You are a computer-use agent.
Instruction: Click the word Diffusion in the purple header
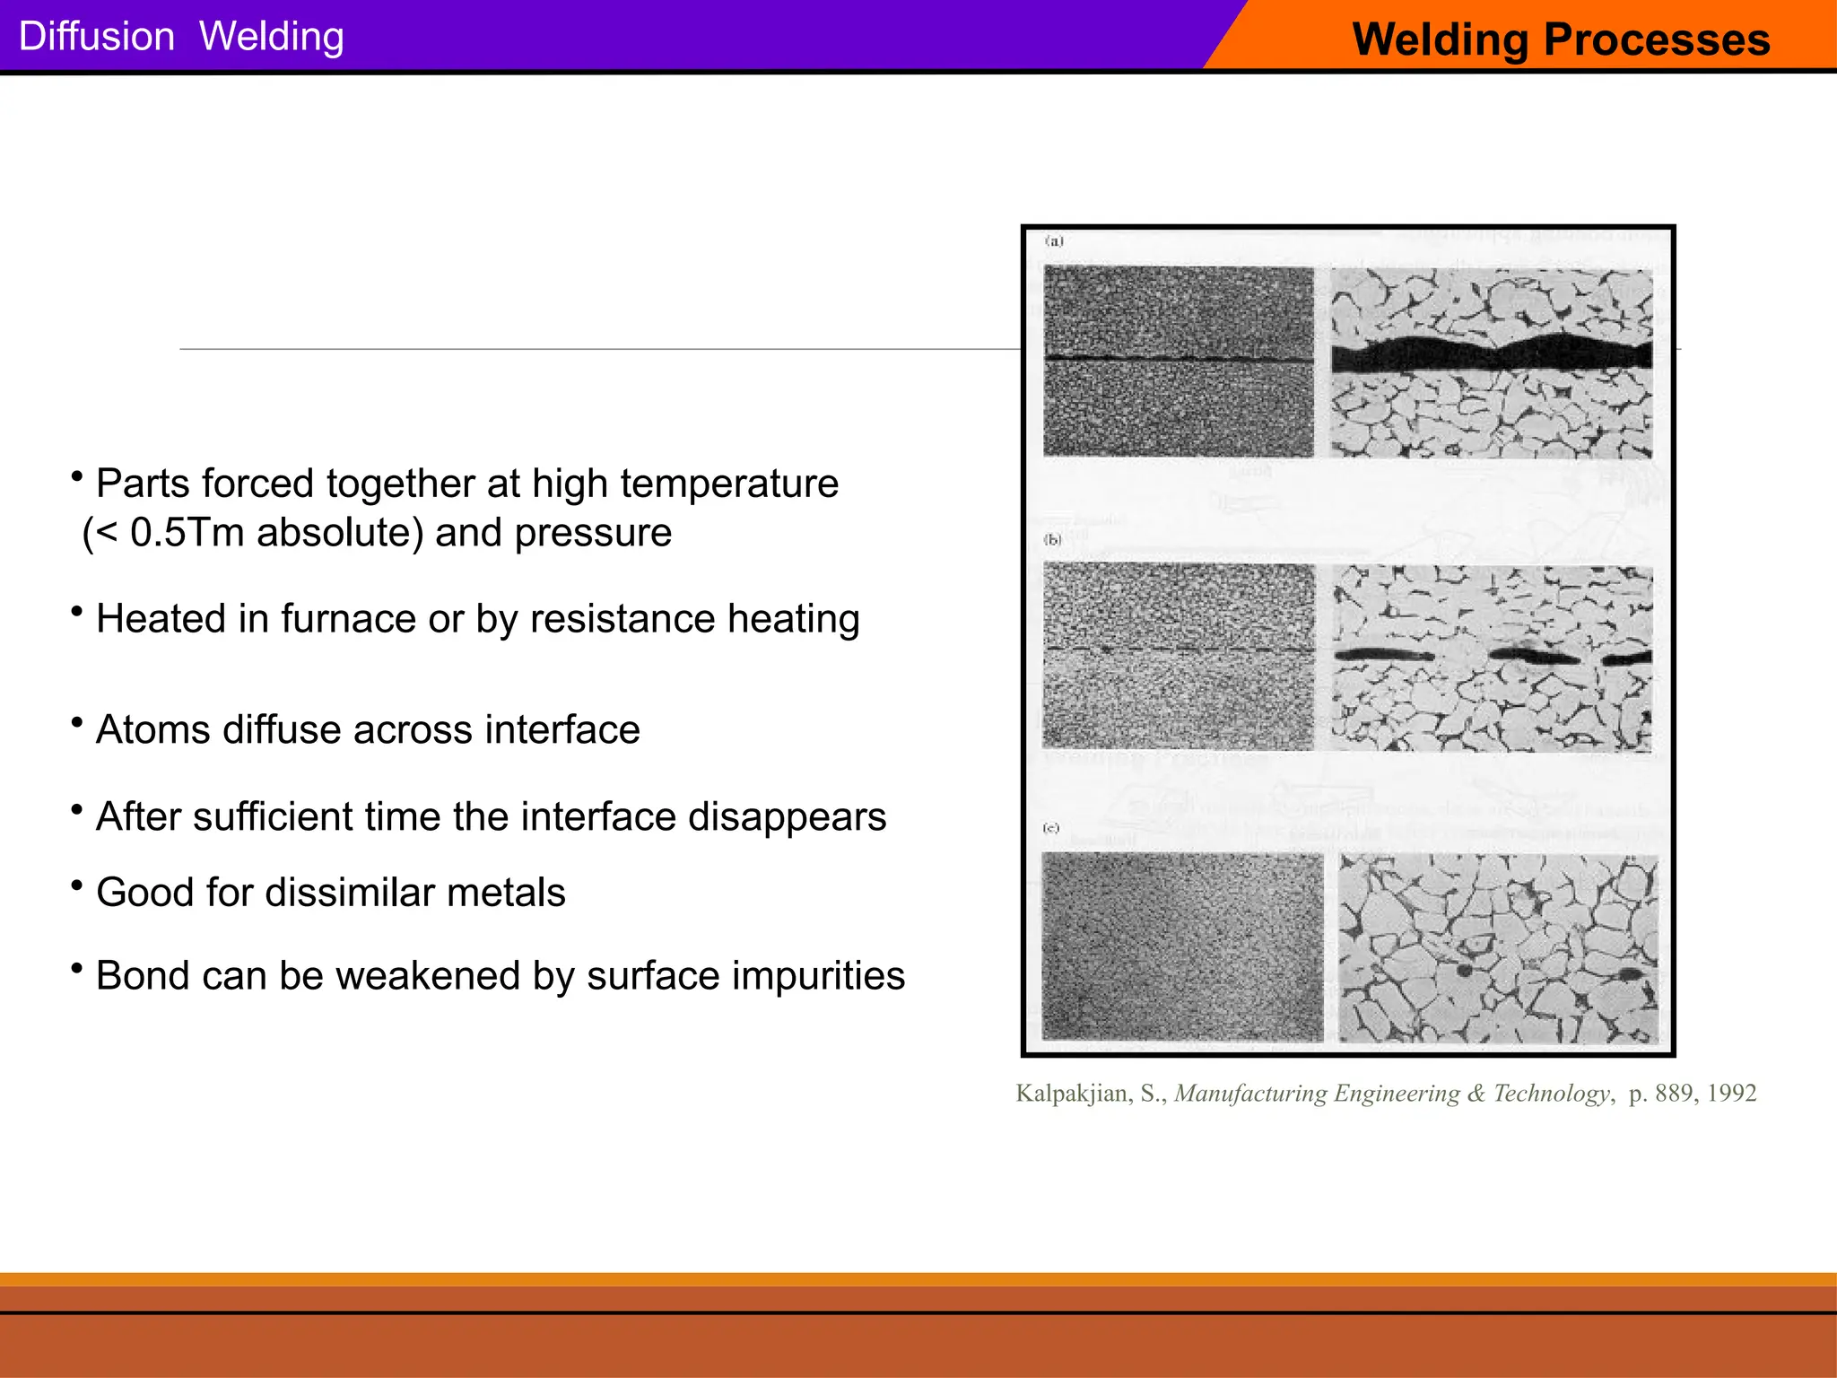pos(96,37)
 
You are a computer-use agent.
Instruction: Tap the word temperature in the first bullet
pos(728,484)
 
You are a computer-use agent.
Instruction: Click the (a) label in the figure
pos(1054,241)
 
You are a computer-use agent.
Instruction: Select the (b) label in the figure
pos(1052,539)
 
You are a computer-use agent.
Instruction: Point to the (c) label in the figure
pos(1051,828)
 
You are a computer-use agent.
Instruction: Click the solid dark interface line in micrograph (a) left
pos(1178,359)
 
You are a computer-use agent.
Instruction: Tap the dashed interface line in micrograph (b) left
pos(1178,649)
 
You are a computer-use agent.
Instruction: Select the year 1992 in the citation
pos(1731,1094)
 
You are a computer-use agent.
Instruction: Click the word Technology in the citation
pos(1552,1094)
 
